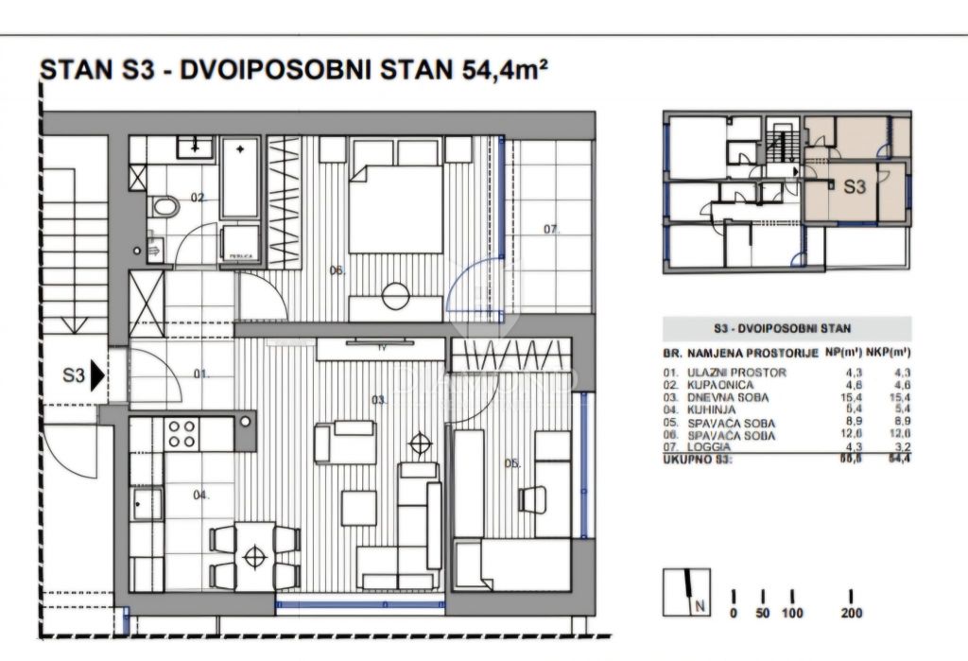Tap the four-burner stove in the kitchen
point(181,434)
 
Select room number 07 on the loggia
point(551,229)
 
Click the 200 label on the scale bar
point(852,614)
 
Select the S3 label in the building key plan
point(854,186)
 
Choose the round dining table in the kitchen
point(254,556)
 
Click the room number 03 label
point(378,401)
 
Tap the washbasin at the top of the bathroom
point(196,145)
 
